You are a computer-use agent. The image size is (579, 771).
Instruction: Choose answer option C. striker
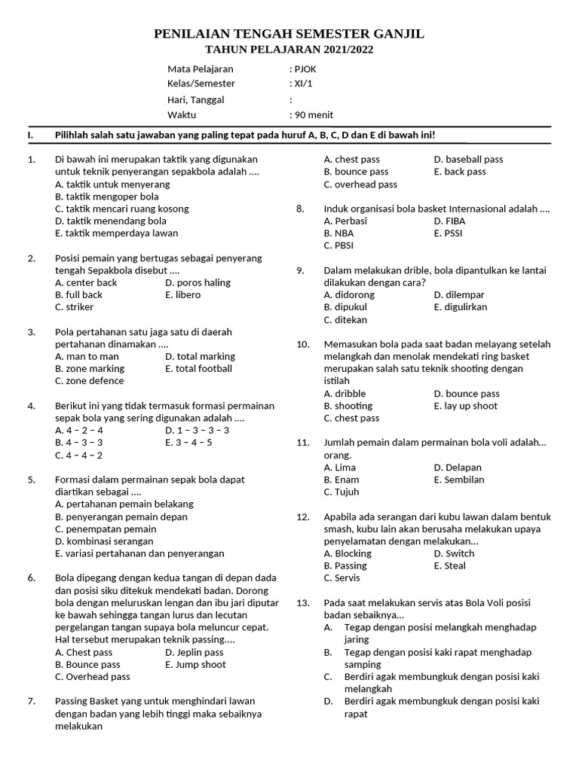tap(75, 307)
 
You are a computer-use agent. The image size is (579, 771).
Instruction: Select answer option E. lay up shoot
tap(465, 406)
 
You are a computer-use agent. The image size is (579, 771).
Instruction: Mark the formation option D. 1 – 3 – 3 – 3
tap(197, 431)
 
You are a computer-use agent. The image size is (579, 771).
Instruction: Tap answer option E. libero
tap(182, 295)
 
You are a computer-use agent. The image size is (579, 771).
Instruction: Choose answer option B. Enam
tap(341, 480)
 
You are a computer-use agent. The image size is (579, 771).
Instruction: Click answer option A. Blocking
tap(348, 553)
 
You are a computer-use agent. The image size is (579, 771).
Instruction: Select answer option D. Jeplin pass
tap(194, 652)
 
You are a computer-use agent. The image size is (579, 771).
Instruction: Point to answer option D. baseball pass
tap(468, 160)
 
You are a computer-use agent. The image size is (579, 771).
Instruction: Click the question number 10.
tap(303, 344)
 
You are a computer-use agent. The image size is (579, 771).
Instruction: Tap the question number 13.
tap(303, 603)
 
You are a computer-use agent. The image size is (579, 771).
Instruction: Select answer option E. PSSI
tap(449, 233)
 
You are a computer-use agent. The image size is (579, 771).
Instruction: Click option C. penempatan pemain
tap(106, 529)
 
